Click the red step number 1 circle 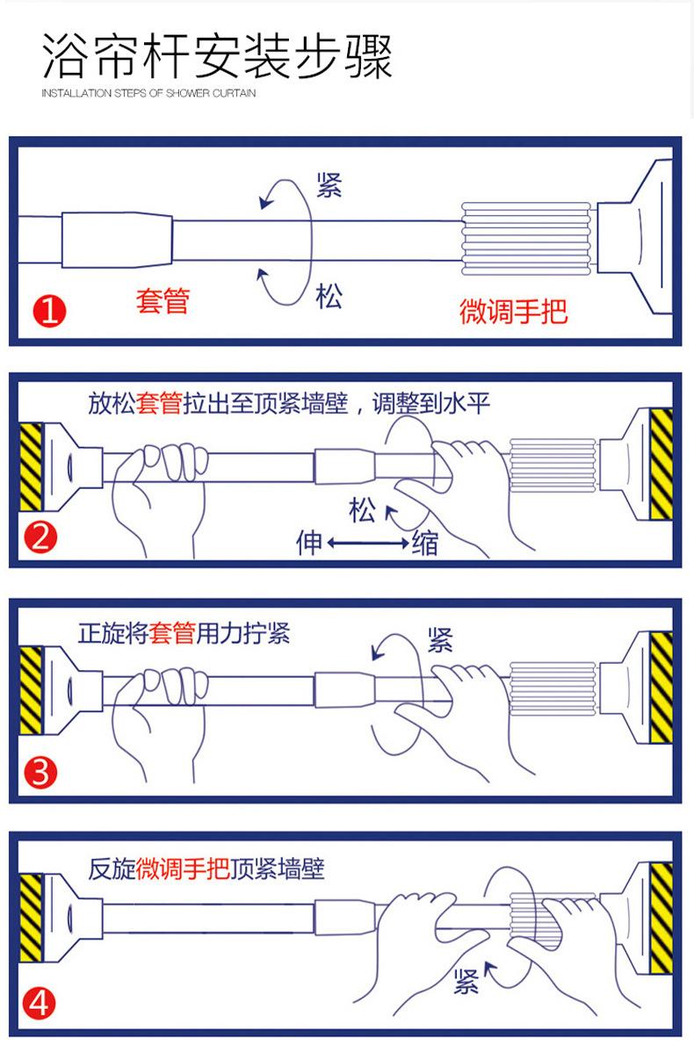pyautogui.click(x=49, y=311)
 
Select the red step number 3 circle pyautogui.click(x=42, y=774)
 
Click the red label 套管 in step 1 pyautogui.click(x=163, y=300)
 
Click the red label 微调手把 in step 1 pyautogui.click(x=514, y=310)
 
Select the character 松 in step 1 pyautogui.click(x=329, y=296)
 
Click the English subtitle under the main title pyautogui.click(x=149, y=93)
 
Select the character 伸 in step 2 pyautogui.click(x=310, y=544)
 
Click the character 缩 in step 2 pyautogui.click(x=424, y=544)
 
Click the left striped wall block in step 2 pyautogui.click(x=32, y=466)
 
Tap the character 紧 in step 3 pyautogui.click(x=440, y=640)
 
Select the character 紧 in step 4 pyautogui.click(x=466, y=982)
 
